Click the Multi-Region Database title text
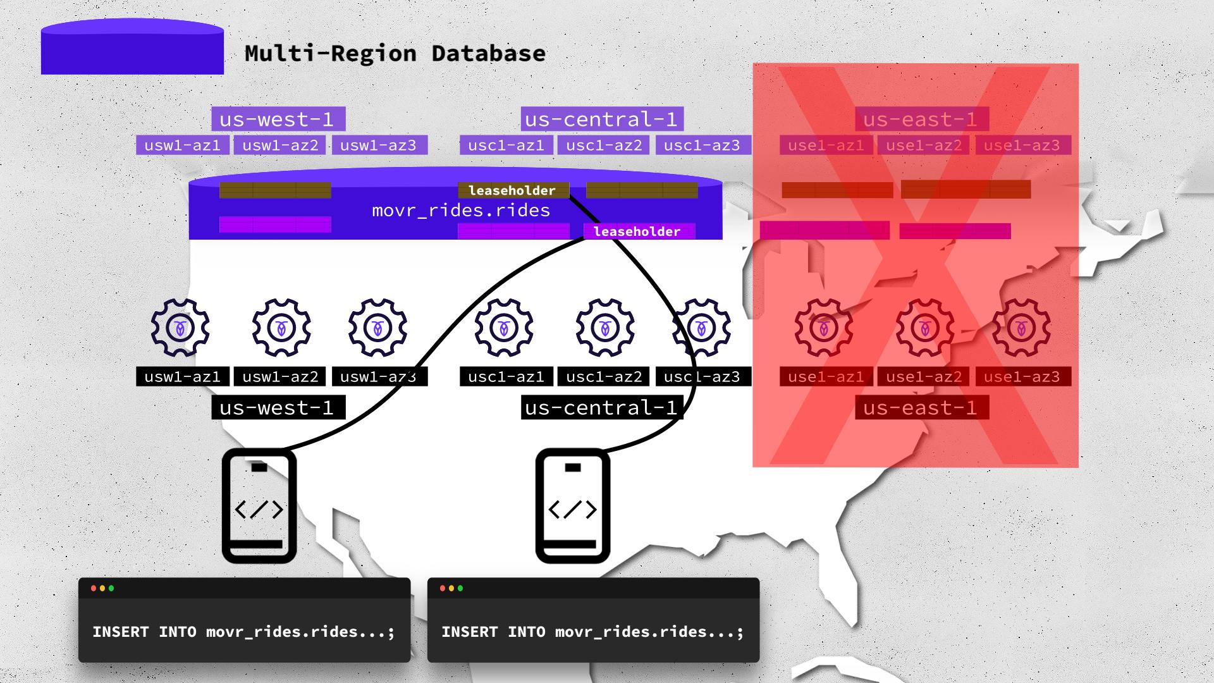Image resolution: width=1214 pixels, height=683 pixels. point(395,54)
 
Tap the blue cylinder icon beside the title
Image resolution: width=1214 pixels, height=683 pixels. point(132,48)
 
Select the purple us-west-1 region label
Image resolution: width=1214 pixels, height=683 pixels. point(278,119)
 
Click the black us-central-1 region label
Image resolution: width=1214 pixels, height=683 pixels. point(601,408)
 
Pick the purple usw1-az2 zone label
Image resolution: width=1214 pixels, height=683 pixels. point(280,145)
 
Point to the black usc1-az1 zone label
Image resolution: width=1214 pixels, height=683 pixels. point(506,377)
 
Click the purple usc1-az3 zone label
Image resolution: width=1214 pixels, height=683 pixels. point(702,145)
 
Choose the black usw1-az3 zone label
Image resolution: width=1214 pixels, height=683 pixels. point(378,377)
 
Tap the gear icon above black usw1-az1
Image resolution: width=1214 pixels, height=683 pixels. point(180,328)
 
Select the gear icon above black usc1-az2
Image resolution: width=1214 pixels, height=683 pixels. point(605,328)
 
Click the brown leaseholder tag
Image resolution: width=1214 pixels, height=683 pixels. point(513,190)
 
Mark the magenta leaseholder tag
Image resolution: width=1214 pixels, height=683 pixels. point(637,231)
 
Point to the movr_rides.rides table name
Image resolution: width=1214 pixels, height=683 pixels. point(461,211)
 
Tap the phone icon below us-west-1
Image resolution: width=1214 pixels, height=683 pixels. point(259,506)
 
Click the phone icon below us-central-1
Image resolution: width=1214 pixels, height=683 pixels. point(572,506)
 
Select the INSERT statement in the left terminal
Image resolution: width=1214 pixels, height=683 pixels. point(243,632)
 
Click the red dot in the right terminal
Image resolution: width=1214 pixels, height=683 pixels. point(443,588)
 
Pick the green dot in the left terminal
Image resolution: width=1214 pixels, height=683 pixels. point(111,588)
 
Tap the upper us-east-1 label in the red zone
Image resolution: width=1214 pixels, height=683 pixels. point(920,119)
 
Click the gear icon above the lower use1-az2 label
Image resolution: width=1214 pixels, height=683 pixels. point(925,328)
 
